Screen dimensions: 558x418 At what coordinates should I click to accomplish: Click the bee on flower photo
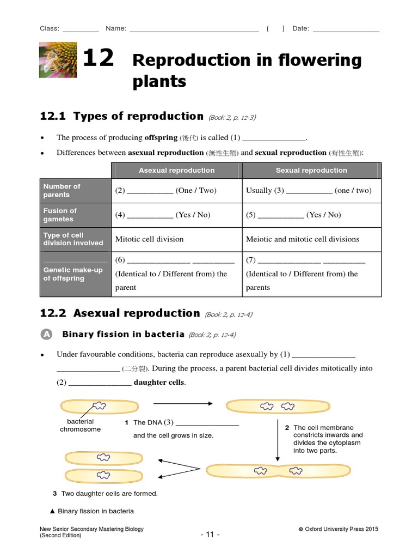(58, 60)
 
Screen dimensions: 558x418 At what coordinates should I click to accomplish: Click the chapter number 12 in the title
(99, 58)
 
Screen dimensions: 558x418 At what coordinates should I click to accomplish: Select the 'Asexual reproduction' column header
(176, 171)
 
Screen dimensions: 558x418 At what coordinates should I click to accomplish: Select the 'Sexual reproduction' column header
(311, 171)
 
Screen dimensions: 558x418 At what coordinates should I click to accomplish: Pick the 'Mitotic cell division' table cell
(149, 239)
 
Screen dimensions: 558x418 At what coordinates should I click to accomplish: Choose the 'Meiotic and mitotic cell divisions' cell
(303, 239)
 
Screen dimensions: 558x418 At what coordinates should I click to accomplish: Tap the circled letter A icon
(47, 335)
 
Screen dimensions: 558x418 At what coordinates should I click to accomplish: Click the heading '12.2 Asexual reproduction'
(120, 313)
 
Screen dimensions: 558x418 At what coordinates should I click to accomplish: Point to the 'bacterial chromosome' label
(80, 426)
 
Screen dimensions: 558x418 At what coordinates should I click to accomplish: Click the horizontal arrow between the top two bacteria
(183, 404)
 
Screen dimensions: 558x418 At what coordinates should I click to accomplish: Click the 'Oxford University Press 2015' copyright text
(338, 529)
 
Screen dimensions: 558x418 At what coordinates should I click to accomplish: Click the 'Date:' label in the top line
(300, 29)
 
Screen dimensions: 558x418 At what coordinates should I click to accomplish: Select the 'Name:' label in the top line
(116, 29)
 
